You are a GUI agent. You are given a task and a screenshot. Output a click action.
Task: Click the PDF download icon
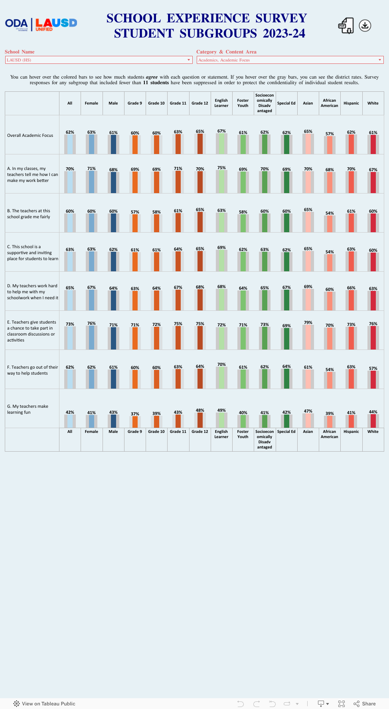346,26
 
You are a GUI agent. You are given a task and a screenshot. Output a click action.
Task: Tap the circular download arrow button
365,26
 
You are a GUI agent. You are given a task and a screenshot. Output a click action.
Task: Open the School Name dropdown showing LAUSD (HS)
99,60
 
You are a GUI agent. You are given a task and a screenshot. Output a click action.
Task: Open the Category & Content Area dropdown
290,60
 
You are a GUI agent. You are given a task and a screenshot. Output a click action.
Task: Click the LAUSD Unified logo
56,24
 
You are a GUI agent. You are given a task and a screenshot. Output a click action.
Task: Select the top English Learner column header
221,103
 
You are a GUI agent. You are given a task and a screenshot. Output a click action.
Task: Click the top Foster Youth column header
243,103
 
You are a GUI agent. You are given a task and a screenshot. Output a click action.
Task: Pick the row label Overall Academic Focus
30,135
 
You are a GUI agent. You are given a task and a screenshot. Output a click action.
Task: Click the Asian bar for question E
308,338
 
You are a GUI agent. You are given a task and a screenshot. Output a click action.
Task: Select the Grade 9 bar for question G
135,422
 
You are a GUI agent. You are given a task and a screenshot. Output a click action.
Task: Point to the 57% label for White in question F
373,368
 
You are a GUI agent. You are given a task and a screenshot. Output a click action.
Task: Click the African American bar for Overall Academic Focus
330,145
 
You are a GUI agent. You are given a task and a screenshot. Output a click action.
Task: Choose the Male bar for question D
113,300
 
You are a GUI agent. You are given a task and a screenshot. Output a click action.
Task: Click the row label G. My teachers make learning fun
28,409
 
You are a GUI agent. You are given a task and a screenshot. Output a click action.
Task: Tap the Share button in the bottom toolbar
365,703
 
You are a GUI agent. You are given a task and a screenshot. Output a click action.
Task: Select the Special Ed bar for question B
286,223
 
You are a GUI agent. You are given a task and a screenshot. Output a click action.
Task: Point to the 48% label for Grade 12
200,410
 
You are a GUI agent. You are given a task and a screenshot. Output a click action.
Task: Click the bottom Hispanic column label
351,432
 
